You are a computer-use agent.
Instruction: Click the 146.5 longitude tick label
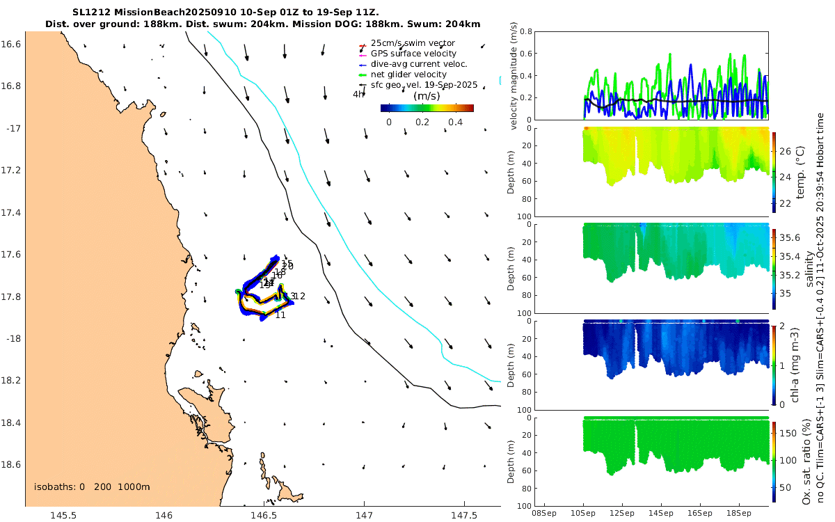pyautogui.click(x=264, y=515)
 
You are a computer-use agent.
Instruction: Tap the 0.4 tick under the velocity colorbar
pyautogui.click(x=456, y=122)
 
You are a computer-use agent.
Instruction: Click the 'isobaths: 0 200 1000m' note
pyautogui.click(x=92, y=487)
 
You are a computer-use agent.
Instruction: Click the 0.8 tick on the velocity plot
pyautogui.click(x=528, y=31)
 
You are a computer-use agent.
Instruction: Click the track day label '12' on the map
pyautogui.click(x=300, y=296)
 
